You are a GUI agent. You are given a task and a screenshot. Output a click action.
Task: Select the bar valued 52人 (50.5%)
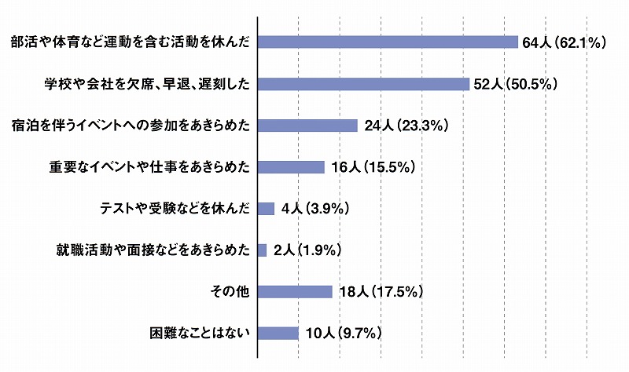coord(363,84)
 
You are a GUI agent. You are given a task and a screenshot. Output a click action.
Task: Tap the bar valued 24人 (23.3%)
coord(308,126)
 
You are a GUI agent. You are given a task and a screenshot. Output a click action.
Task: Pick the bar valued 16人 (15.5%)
coord(291,166)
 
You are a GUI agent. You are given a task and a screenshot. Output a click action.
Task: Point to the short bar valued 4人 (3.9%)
coord(266,208)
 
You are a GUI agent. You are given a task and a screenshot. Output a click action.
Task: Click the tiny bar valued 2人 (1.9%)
coord(263,250)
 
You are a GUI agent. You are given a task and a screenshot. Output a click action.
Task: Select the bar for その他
coord(295,291)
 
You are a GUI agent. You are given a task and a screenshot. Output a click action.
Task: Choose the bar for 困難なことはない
coord(278,333)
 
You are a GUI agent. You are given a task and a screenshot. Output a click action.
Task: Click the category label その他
coord(230,291)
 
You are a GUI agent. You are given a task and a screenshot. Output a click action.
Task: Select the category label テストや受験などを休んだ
coord(175,208)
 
